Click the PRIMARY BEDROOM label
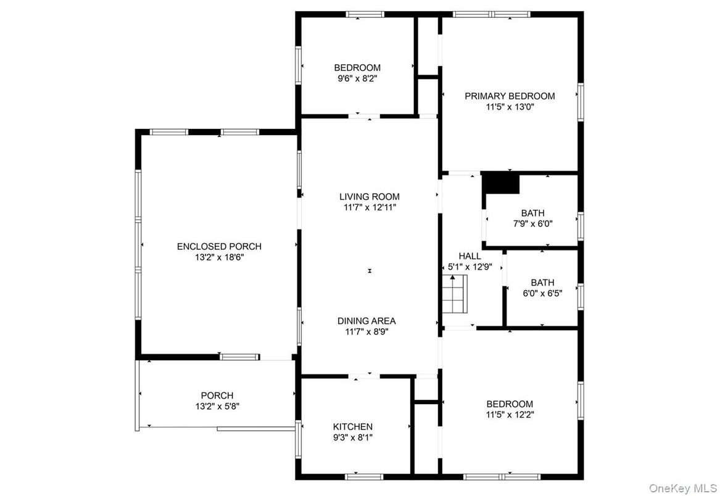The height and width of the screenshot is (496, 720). point(510,96)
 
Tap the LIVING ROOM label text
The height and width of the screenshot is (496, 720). point(370,197)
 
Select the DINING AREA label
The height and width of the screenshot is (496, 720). point(366,321)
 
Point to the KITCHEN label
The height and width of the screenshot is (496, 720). point(353,427)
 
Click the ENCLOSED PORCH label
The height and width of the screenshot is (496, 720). point(219,247)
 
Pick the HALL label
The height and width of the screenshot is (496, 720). point(470,256)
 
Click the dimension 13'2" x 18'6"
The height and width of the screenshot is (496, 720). point(219,258)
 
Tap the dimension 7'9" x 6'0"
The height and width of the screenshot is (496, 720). point(532,224)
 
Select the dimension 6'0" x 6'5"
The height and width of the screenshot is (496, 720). point(542,294)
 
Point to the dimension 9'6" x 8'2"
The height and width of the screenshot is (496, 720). point(357,78)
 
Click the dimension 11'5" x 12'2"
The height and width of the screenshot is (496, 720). point(510,415)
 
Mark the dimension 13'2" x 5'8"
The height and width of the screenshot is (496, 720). point(217,407)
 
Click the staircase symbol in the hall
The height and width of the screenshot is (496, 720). point(455,294)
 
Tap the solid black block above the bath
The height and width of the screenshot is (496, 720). point(500,183)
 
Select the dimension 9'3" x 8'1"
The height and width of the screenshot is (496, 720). point(353,437)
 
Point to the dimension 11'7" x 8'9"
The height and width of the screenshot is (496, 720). point(366,332)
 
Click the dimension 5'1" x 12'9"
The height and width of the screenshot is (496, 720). point(470,267)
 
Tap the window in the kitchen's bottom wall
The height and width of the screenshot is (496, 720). point(363,477)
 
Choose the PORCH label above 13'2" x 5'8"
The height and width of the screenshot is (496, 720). point(217,395)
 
